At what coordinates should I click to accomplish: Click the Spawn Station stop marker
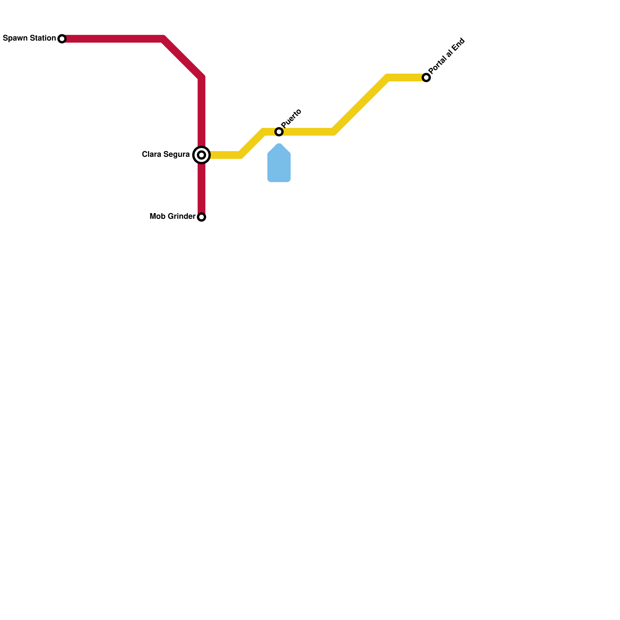tap(62, 39)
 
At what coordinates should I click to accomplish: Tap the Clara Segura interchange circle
tap(201, 155)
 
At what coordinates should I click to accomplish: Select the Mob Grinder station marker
tap(201, 217)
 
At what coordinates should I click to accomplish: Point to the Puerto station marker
tap(279, 132)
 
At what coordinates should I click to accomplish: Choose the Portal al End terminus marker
tap(426, 77)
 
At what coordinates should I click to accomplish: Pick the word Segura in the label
tap(176, 154)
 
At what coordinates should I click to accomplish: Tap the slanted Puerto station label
tap(291, 118)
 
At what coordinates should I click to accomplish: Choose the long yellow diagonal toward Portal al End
tap(360, 105)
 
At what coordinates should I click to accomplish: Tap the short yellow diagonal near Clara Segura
tap(252, 143)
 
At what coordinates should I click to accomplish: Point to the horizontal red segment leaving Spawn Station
tap(112, 39)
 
